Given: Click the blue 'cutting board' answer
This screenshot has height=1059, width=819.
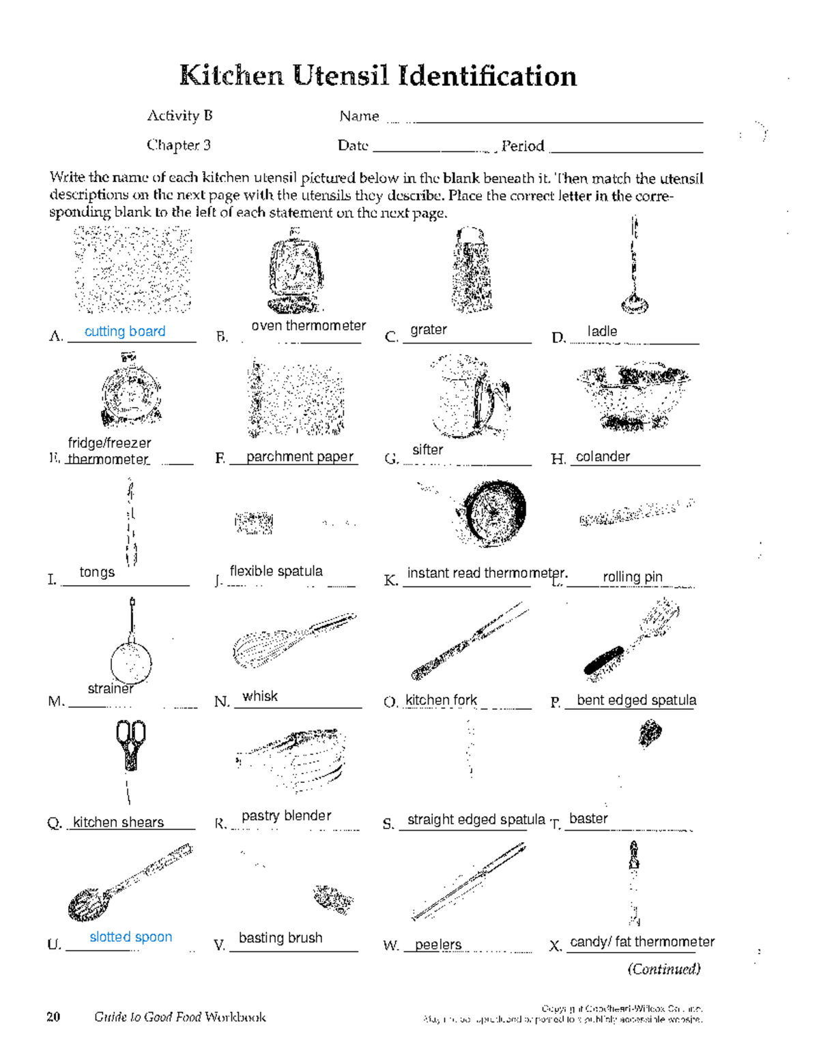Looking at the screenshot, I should point(125,331).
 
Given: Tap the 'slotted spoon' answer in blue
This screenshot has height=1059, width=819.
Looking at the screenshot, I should point(130,937).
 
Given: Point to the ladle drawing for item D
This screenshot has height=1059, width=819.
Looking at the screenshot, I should point(635,269).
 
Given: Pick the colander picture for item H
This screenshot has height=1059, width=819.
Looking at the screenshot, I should point(632,397).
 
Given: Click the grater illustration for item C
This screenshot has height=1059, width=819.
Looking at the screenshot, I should point(472,271).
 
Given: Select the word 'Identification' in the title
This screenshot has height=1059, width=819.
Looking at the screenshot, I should point(487,76).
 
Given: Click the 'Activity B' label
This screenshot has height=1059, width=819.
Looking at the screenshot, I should point(179,115).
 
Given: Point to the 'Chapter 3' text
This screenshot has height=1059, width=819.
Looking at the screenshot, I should point(178,145).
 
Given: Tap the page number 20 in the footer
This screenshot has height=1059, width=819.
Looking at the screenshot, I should point(53,1017).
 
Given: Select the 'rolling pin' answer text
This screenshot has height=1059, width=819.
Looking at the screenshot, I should point(632,577).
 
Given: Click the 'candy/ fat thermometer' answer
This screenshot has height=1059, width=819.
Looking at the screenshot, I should point(642,942).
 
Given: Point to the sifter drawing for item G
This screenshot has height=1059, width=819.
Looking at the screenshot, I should point(470,397).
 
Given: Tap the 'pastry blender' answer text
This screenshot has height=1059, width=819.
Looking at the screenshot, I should point(286,816).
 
